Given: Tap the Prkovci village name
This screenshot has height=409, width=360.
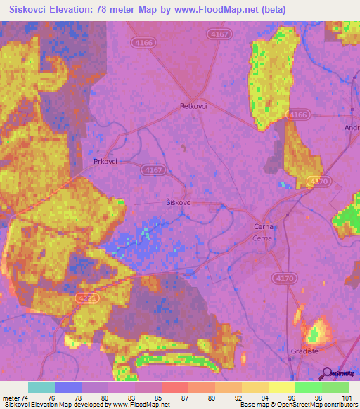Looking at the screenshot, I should (x=105, y=161).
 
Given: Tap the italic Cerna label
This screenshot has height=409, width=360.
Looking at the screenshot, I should (x=263, y=238).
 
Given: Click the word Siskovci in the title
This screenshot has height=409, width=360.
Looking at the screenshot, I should (x=30, y=9).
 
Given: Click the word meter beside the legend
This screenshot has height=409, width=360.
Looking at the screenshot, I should (x=11, y=398).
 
